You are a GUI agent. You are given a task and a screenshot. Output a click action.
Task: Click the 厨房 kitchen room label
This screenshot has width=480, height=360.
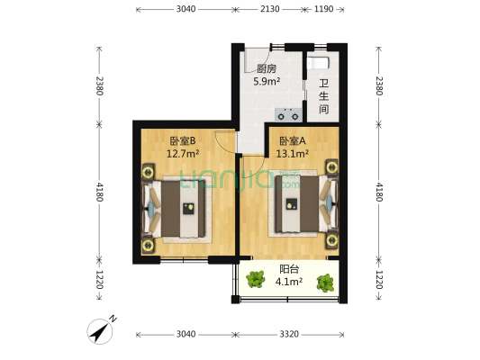pyautogui.click(x=267, y=68)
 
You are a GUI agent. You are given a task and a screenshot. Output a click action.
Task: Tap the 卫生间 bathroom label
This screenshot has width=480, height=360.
pyautogui.click(x=324, y=96)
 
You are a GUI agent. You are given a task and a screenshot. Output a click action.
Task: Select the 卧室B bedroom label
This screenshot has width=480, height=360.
pyautogui.click(x=183, y=140)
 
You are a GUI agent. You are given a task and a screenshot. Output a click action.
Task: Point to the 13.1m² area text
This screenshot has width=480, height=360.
pyautogui.click(x=292, y=153)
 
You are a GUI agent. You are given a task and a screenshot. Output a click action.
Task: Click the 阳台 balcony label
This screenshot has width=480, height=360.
pyautogui.click(x=289, y=269)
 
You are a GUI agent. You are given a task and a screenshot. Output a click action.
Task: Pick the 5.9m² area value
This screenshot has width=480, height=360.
pyautogui.click(x=267, y=81)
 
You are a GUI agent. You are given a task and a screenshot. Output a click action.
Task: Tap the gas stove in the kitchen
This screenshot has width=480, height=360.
pyautogui.click(x=288, y=115)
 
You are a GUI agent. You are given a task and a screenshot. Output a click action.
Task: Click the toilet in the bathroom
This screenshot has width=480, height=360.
pyautogui.click(x=318, y=63)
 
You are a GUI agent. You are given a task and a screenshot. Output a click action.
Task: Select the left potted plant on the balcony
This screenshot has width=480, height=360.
pyautogui.click(x=255, y=279)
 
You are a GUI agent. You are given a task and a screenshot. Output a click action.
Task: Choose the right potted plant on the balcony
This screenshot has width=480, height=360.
pyautogui.click(x=325, y=283)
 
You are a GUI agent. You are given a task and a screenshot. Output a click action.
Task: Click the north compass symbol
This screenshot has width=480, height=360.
pyautogui.click(x=100, y=331)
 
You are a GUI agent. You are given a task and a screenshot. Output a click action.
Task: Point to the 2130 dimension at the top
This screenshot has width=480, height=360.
pyautogui.click(x=269, y=9)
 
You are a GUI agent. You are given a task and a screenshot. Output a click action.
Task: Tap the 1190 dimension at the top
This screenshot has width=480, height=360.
pyautogui.click(x=323, y=9)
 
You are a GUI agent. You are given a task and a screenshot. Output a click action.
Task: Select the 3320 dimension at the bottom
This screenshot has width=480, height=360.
pyautogui.click(x=289, y=334)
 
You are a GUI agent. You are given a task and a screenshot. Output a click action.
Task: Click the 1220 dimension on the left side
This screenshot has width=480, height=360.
pyautogui.click(x=99, y=280)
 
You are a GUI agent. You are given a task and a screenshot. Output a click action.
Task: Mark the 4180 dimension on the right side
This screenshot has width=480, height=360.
pyautogui.click(x=379, y=192)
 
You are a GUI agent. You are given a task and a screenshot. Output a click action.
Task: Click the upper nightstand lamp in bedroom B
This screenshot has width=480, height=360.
pyautogui.click(x=149, y=172)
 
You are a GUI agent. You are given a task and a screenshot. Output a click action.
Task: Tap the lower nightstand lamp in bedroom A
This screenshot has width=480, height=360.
pyautogui.click(x=331, y=240)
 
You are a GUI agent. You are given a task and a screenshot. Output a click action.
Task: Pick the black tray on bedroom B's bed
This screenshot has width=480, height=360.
pyautogui.click(x=189, y=208)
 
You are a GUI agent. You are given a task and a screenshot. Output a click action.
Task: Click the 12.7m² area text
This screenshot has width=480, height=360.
pyautogui.click(x=183, y=153)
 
